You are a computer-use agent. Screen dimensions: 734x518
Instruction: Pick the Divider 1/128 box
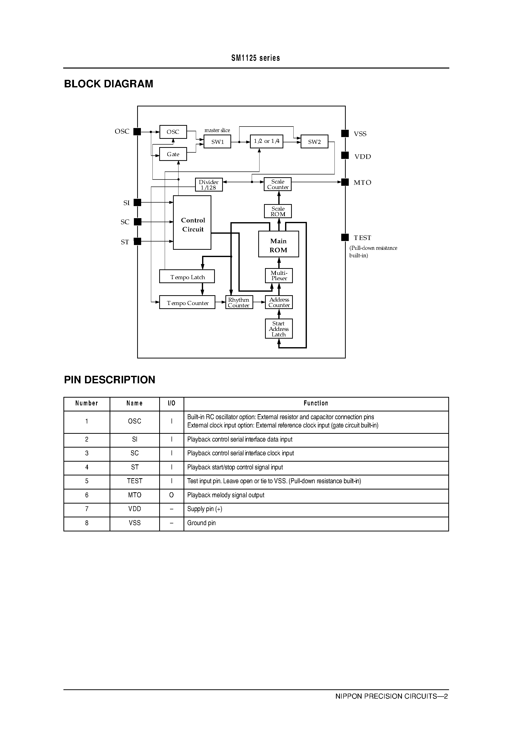209,185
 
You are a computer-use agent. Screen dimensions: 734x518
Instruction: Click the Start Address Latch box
279,329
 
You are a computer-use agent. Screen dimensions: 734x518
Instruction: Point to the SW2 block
314,142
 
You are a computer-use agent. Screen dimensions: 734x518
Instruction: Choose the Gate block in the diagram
173,154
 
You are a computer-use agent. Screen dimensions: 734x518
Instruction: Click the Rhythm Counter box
239,302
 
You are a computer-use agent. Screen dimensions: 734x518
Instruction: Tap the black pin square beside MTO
345,182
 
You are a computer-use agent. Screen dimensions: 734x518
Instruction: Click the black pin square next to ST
137,241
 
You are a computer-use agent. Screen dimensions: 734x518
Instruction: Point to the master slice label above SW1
217,130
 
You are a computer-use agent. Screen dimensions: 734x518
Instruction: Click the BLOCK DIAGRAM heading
109,84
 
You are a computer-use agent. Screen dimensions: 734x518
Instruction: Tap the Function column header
315,403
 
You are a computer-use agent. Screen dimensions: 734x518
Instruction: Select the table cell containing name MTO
134,495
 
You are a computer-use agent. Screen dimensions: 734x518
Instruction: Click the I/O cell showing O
171,495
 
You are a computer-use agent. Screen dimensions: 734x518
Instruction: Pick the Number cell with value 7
87,509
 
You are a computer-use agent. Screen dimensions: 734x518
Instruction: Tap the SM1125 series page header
255,58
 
